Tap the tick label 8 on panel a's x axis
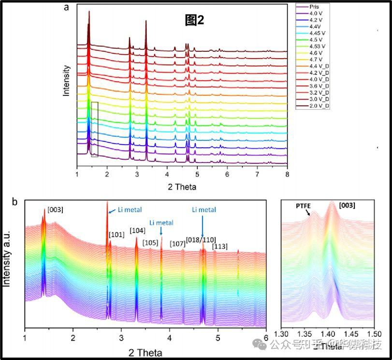pyautogui.click(x=287, y=173)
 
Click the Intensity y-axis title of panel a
pyautogui.click(x=68, y=80)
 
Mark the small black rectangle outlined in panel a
pyautogui.click(x=94, y=129)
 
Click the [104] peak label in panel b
pyautogui.click(x=137, y=230)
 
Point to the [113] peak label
pyautogui.click(x=220, y=246)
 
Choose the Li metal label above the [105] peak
pyautogui.click(x=161, y=223)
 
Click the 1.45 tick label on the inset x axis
pyautogui.click(x=351, y=334)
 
